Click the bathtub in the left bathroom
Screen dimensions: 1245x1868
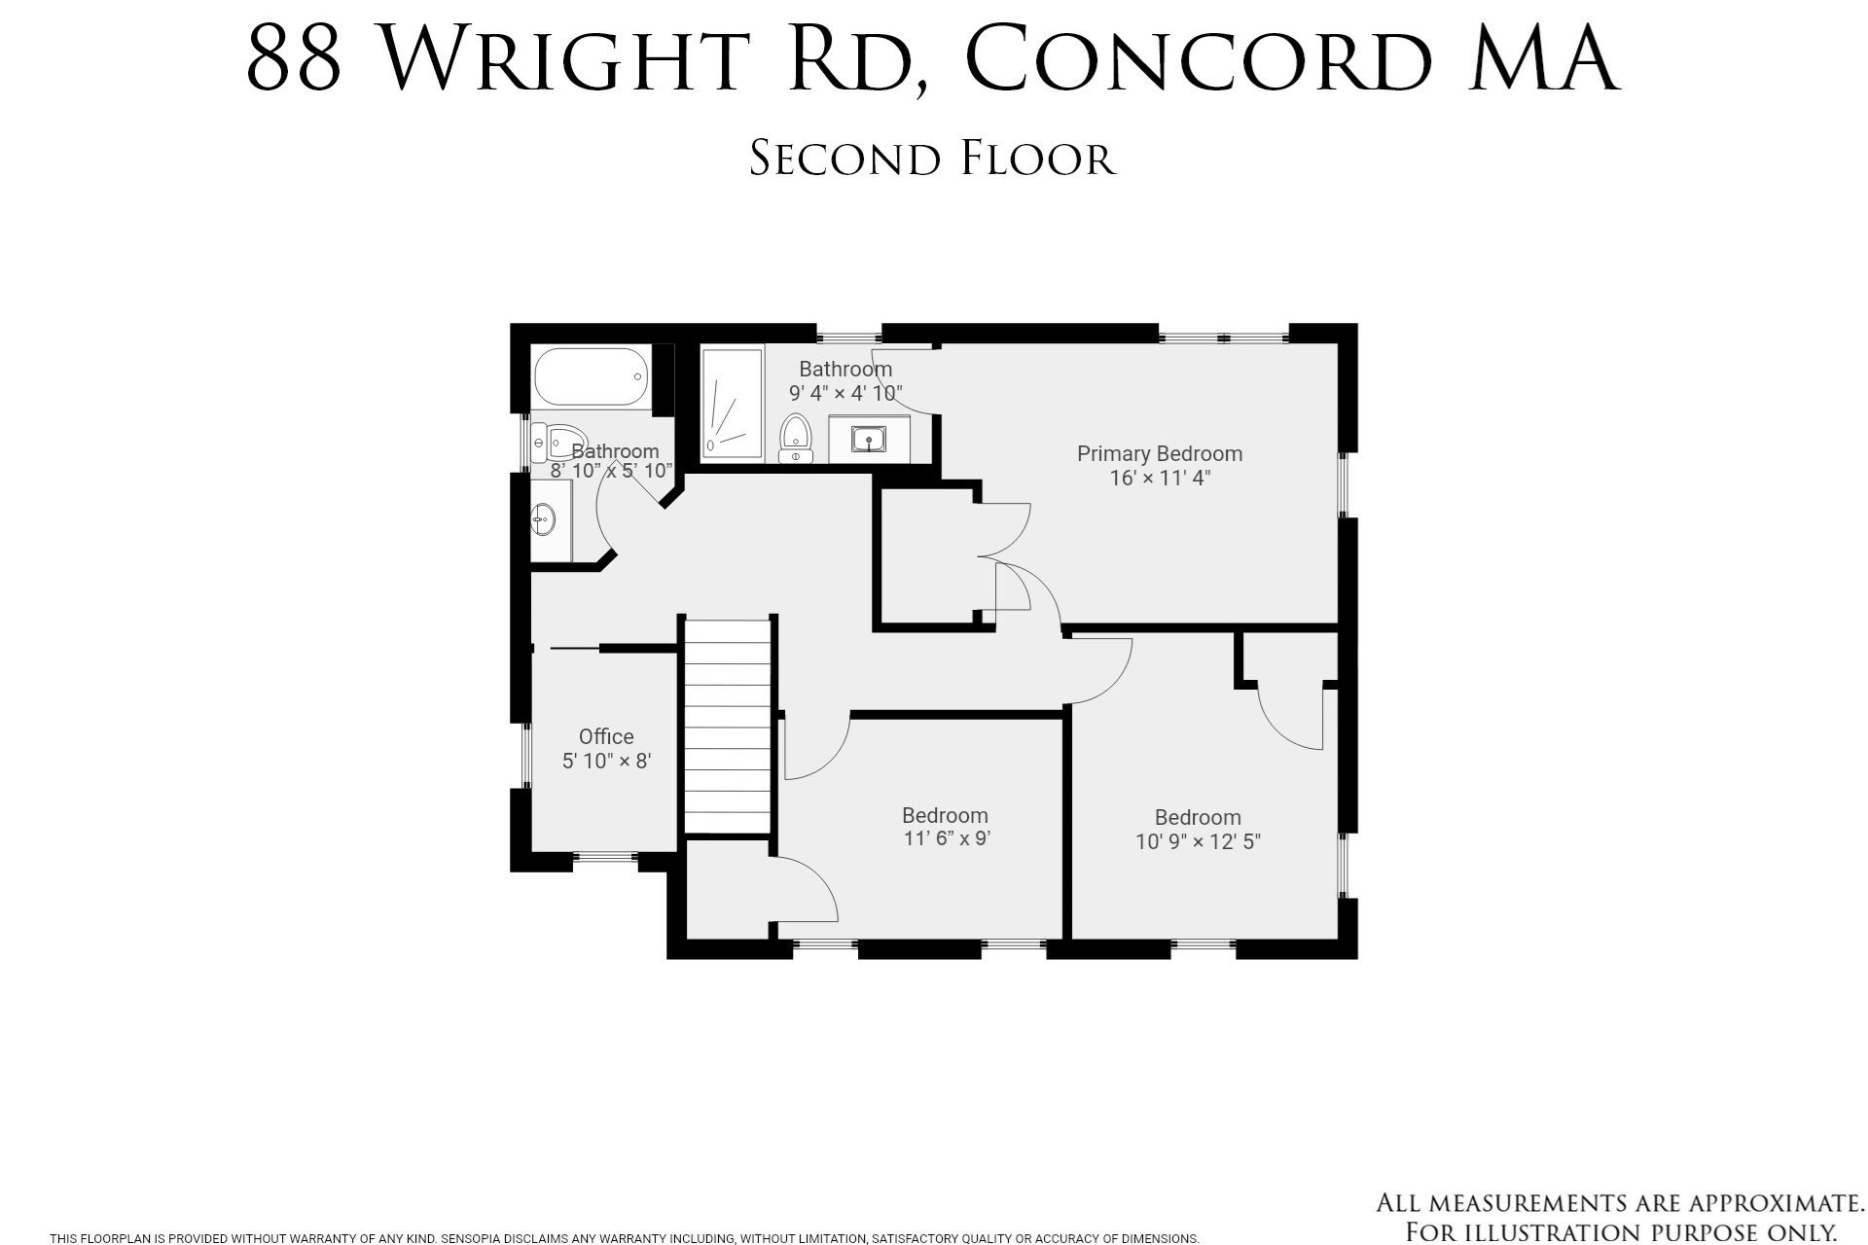pos(592,377)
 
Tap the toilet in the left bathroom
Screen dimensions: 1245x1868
pos(559,443)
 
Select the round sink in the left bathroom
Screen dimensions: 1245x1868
pos(543,519)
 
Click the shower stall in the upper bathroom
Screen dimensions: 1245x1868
pos(733,403)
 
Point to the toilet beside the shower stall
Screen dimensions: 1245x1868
pos(796,439)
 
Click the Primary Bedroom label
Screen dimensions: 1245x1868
pos(1159,453)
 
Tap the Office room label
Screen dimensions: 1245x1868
pos(606,736)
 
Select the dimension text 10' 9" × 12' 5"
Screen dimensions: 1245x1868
pos(1198,841)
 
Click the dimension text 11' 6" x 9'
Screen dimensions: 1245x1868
pos(946,838)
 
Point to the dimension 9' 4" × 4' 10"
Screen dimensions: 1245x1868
pos(844,393)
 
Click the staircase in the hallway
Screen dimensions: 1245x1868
pos(728,725)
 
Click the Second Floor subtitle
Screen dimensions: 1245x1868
pos(932,159)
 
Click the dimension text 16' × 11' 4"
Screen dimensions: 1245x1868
pos(1159,478)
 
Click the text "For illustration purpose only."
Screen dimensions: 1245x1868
pos(1620,1232)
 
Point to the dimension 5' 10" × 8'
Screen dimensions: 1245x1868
pos(606,761)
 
